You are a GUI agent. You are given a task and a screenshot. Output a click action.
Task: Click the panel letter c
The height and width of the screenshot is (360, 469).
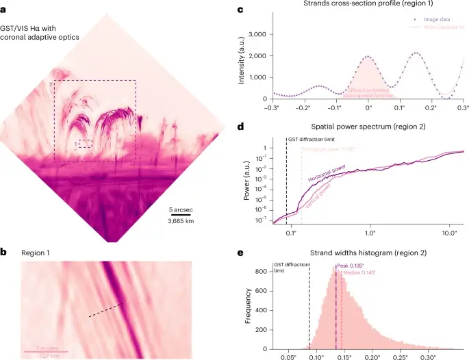(240, 8)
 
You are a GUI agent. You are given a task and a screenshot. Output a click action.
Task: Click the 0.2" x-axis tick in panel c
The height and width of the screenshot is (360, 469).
(431, 108)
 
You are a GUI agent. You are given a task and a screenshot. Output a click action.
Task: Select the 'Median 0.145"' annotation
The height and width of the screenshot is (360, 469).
(359, 274)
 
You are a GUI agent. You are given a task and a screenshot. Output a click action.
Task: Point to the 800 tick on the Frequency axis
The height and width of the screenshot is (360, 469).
(260, 272)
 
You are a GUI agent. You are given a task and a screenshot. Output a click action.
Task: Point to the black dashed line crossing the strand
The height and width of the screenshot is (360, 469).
(106, 311)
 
